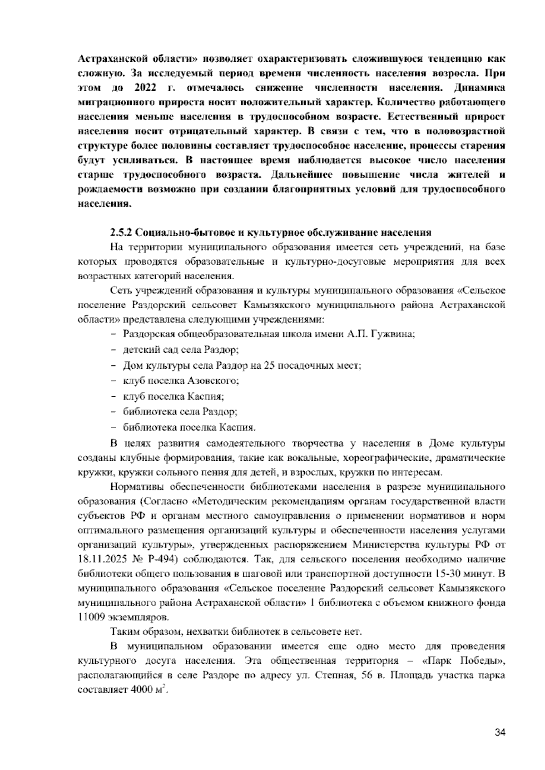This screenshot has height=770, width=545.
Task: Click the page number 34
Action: (500, 732)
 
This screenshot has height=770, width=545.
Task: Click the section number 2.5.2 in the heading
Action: (120, 233)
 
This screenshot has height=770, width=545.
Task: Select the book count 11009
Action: (93, 617)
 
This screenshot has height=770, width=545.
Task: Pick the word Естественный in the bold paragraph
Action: (422, 117)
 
